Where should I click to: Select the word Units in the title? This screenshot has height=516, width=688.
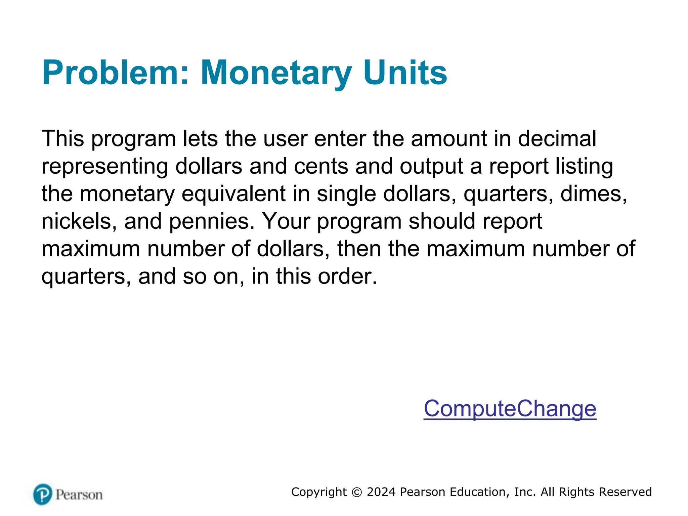(405, 73)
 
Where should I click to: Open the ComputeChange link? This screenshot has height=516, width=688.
(510, 408)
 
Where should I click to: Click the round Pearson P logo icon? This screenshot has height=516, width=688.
(43, 494)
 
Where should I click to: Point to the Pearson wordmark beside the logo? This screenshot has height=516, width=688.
(79, 495)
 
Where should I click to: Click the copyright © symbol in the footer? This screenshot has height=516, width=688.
(356, 492)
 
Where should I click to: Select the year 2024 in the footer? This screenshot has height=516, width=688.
(381, 492)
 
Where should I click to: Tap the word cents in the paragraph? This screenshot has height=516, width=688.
(321, 166)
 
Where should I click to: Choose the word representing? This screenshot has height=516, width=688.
(104, 166)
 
